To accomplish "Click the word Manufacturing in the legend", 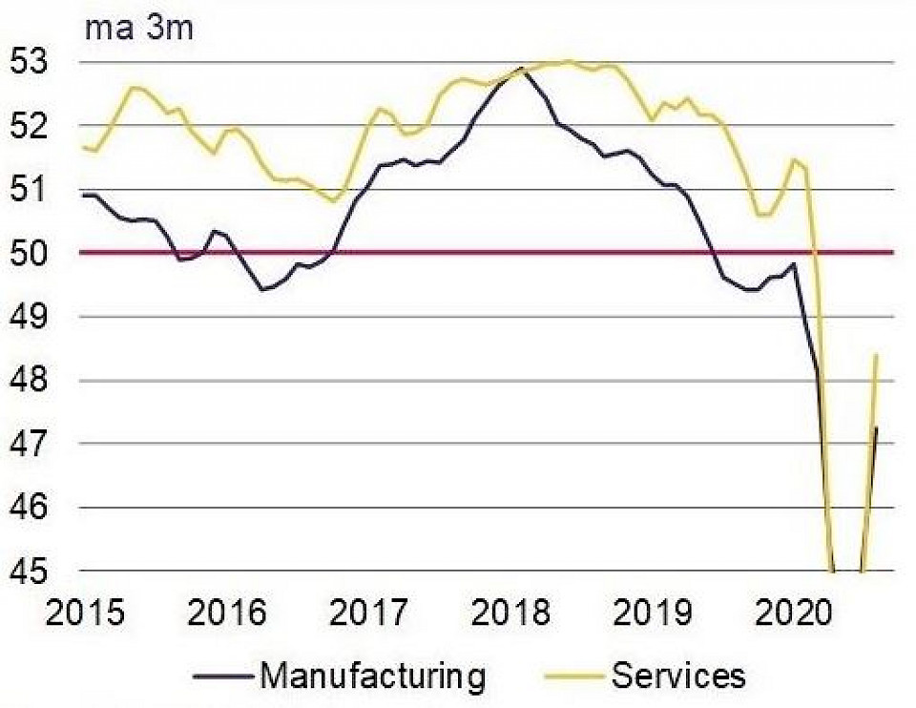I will [372, 677].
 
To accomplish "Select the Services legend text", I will [677, 677].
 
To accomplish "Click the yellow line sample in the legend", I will [573, 677].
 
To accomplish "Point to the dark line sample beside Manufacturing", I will [222, 677].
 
